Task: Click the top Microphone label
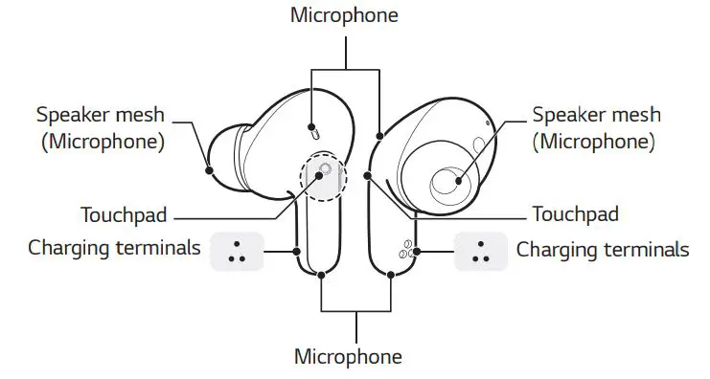click(x=346, y=16)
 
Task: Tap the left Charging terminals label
click(x=114, y=249)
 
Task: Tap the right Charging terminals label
click(x=602, y=249)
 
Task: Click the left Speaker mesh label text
click(x=101, y=115)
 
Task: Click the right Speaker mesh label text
click(x=596, y=115)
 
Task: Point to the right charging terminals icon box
click(x=480, y=251)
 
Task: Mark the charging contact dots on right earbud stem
click(x=407, y=251)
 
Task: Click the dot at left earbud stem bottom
click(x=321, y=275)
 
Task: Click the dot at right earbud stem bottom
click(x=391, y=275)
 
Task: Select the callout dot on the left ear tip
click(x=210, y=170)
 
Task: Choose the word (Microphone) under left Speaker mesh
click(x=101, y=142)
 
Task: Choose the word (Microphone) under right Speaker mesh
click(x=594, y=142)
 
